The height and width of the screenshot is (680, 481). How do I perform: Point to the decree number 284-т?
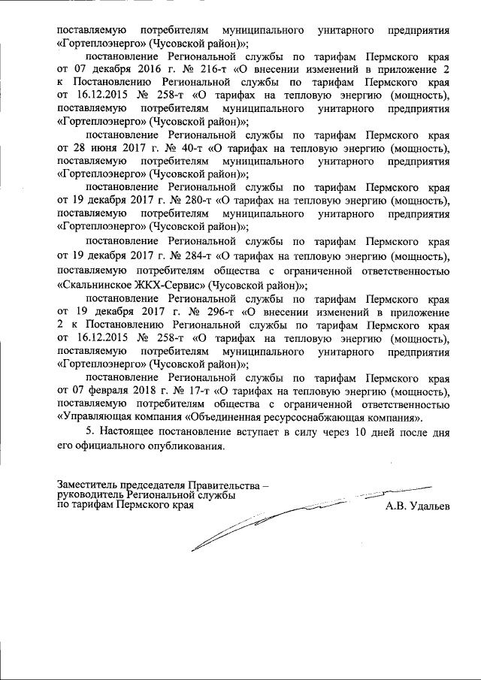(x=195, y=256)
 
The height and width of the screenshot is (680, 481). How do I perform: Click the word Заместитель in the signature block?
(x=89, y=485)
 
